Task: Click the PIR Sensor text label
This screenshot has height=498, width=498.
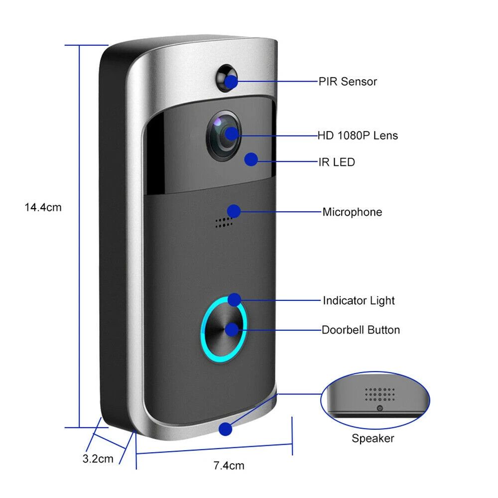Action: coord(348,82)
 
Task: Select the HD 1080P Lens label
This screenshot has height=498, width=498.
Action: coord(358,135)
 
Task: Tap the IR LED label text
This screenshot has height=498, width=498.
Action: coord(337,162)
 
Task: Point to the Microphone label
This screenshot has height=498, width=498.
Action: coord(352,212)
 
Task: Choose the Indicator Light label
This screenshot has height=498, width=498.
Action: coord(359,301)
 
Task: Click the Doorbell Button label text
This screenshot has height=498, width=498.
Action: coord(361,330)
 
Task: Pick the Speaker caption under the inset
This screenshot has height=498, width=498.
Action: coord(373,438)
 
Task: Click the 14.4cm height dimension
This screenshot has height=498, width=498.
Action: coord(43,207)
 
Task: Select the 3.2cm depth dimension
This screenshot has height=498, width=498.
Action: coord(98,459)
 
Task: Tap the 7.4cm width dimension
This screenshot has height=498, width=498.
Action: coord(229,466)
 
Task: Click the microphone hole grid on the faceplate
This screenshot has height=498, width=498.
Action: coord(224,223)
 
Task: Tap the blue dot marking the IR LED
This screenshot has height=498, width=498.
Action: coord(251,159)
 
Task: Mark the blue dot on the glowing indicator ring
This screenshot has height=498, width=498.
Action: coord(234,299)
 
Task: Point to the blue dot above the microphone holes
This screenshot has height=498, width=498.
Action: coord(234,211)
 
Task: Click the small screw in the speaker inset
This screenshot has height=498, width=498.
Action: coord(379,408)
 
